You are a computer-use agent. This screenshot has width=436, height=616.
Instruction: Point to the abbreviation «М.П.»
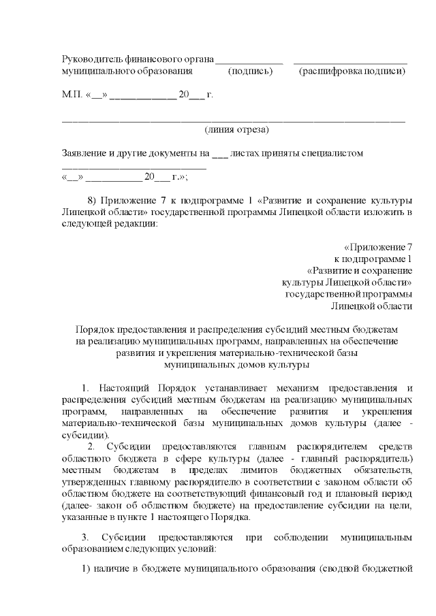coord(71,95)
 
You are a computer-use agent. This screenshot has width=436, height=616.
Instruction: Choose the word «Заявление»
coord(86,153)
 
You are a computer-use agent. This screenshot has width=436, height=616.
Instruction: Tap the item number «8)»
coord(95,200)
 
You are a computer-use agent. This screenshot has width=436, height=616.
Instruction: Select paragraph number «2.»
coord(92,447)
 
